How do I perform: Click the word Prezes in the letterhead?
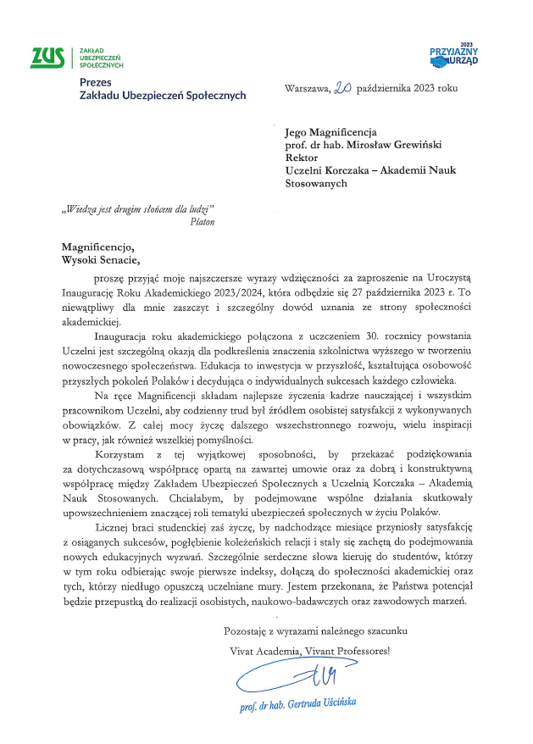95,82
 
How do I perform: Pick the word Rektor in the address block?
302,158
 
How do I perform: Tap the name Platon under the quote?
203,221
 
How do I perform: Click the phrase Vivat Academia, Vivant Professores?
310,650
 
